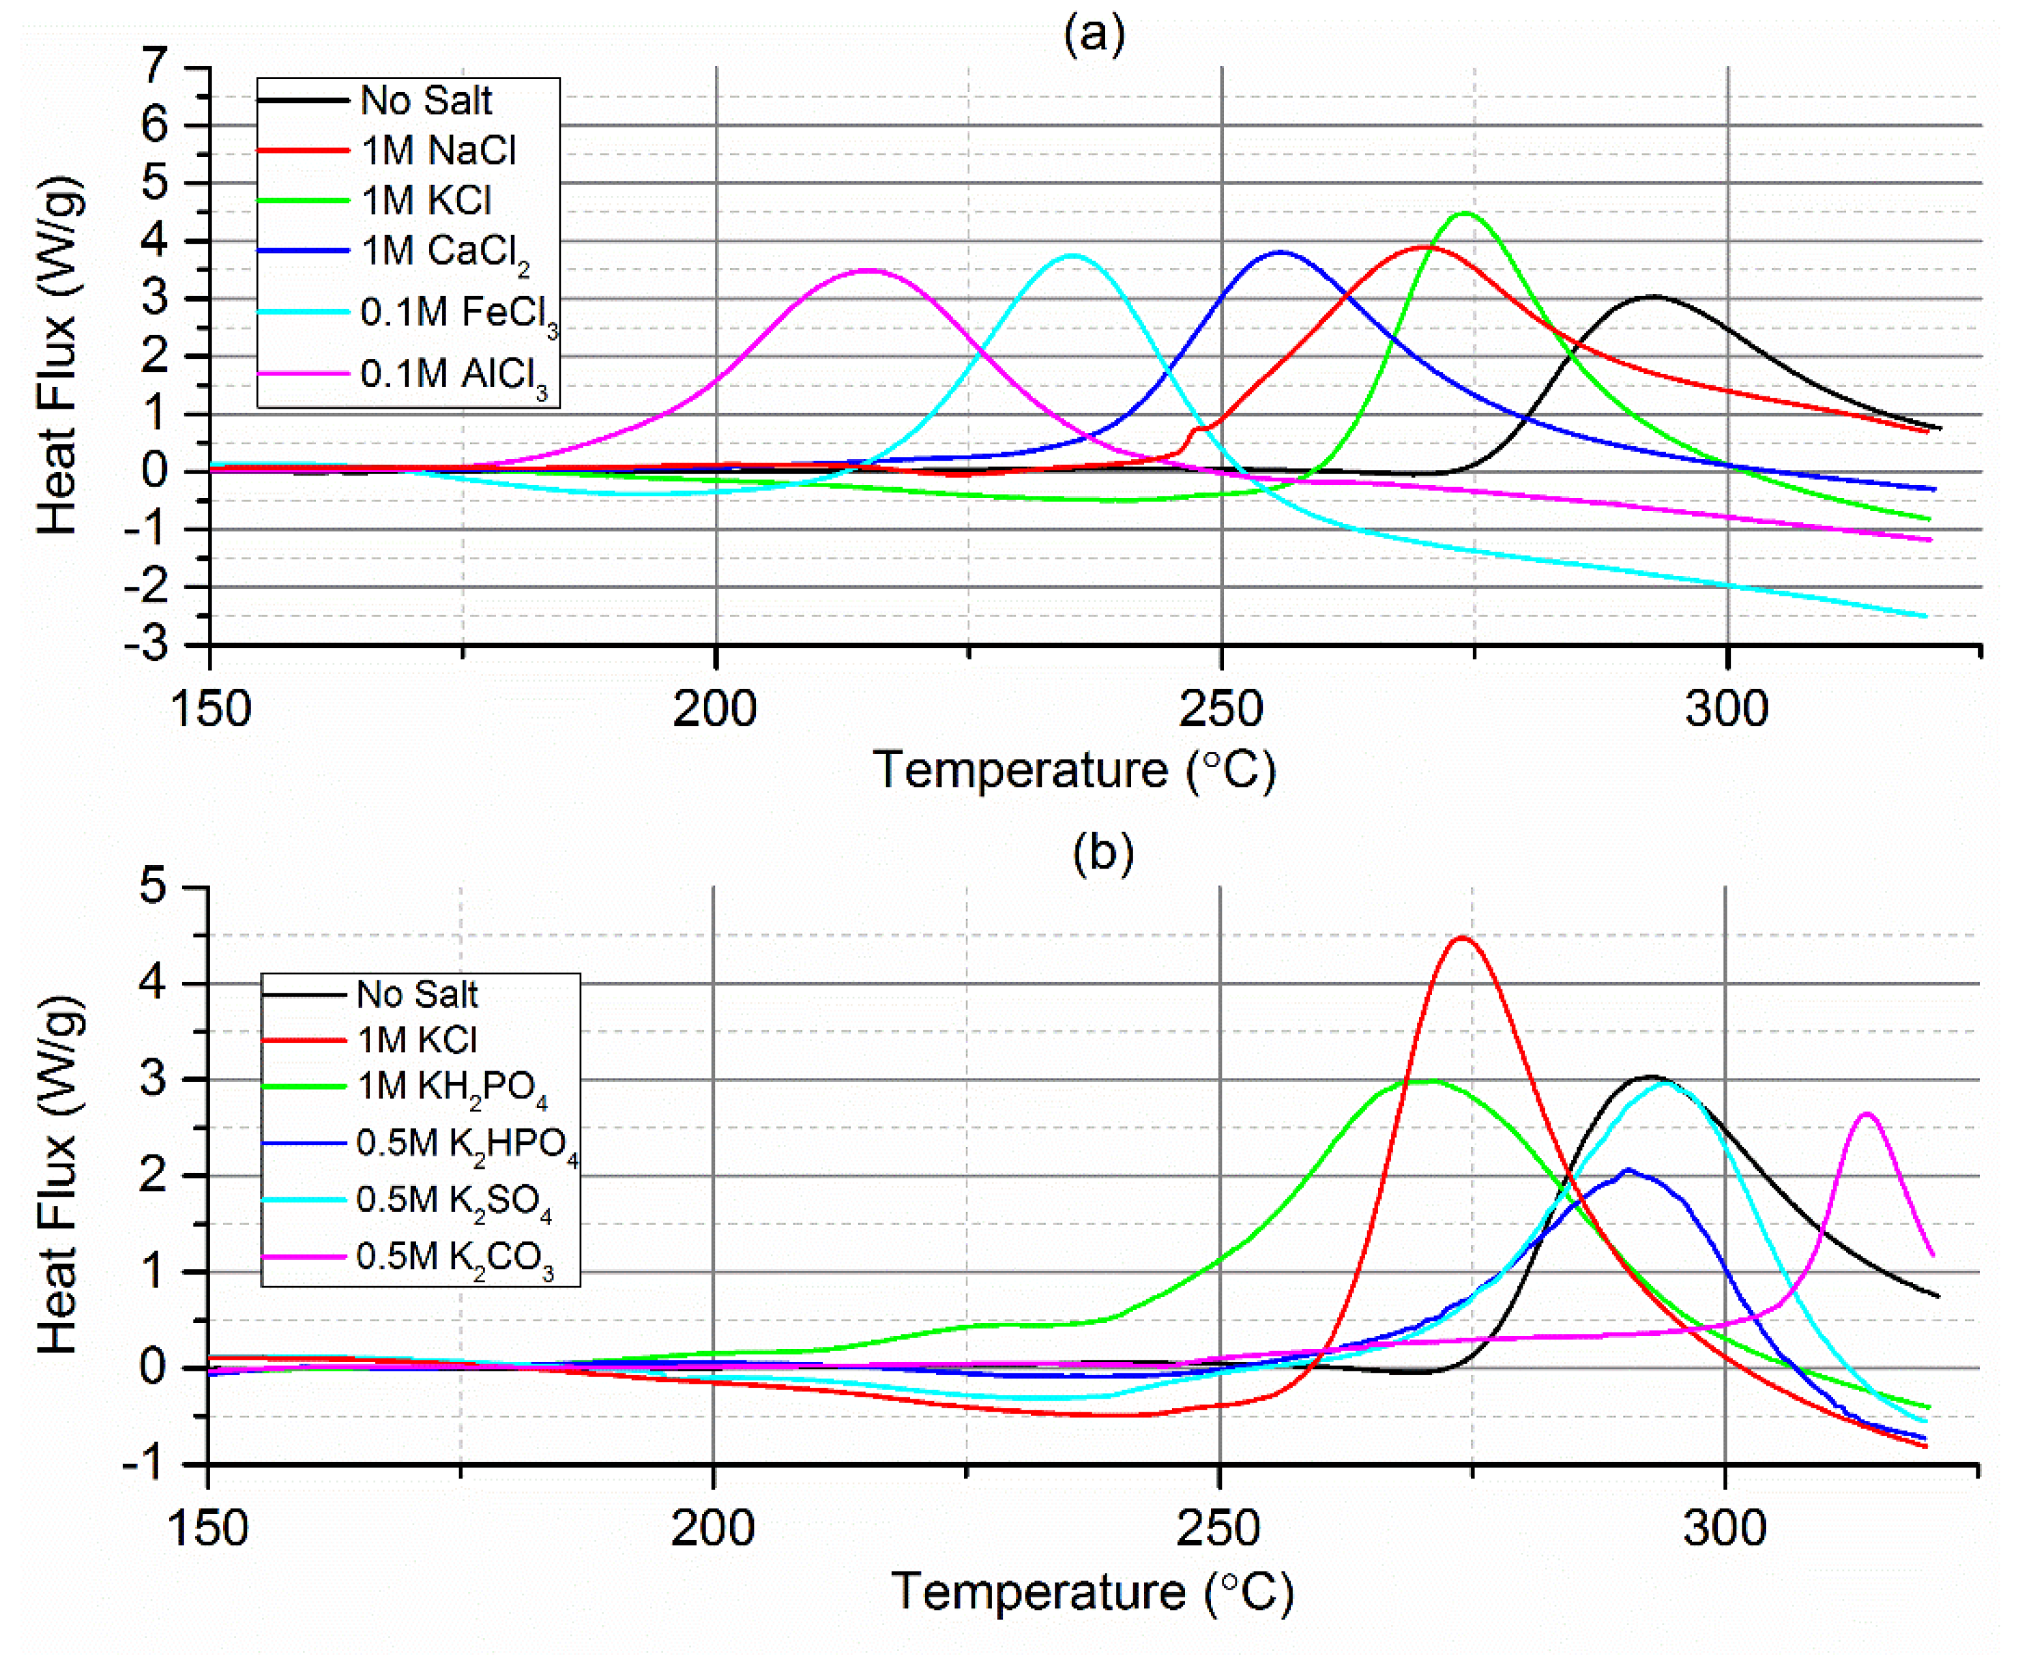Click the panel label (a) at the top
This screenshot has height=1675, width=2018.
click(x=1094, y=35)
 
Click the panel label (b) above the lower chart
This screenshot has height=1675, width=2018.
click(x=1103, y=852)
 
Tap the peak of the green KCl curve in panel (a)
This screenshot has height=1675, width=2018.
click(x=1465, y=212)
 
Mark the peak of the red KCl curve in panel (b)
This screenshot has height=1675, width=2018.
click(x=1461, y=938)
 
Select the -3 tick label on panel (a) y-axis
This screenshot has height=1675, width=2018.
click(x=146, y=644)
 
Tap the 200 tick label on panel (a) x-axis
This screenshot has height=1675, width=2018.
click(x=715, y=709)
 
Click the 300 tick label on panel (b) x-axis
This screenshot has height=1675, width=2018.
click(x=1725, y=1528)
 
